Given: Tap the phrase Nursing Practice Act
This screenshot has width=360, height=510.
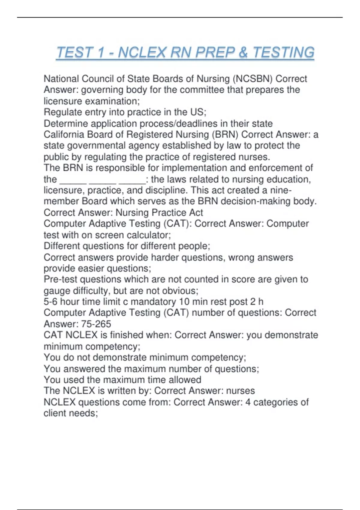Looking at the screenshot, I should (x=159, y=212).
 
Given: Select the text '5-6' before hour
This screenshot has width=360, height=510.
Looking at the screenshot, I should (x=50, y=301).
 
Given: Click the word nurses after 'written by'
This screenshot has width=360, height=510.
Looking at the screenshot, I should (x=240, y=391).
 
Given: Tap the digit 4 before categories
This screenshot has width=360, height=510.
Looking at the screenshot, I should (x=248, y=402).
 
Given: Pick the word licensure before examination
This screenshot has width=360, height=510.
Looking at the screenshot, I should (x=63, y=101).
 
